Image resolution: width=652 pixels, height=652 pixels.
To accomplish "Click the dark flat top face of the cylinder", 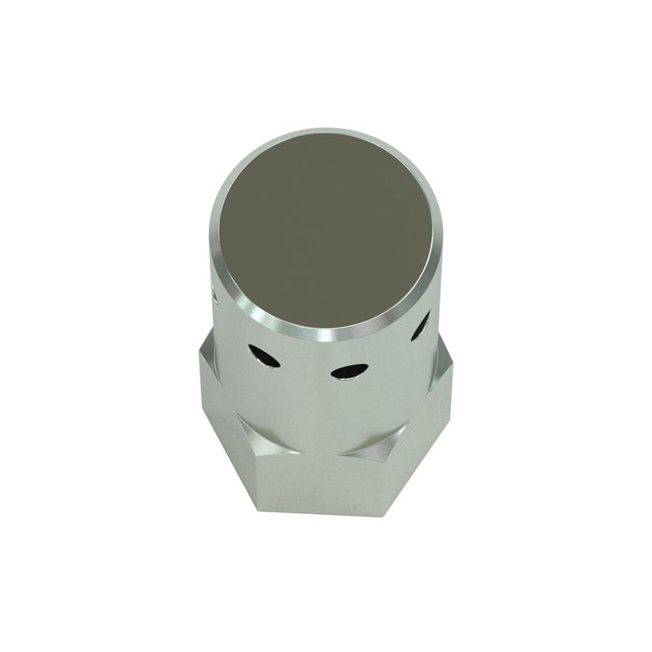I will click(x=326, y=231).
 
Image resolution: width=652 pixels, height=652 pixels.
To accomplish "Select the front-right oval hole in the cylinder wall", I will click(x=348, y=371).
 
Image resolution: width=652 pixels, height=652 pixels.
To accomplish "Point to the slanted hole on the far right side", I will click(x=421, y=325).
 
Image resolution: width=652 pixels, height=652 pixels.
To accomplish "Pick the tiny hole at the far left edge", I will click(x=215, y=298).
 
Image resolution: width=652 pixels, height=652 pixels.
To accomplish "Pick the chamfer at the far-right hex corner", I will click(x=445, y=359).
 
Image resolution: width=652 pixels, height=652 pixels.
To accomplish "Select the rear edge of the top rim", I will click(x=326, y=131).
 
